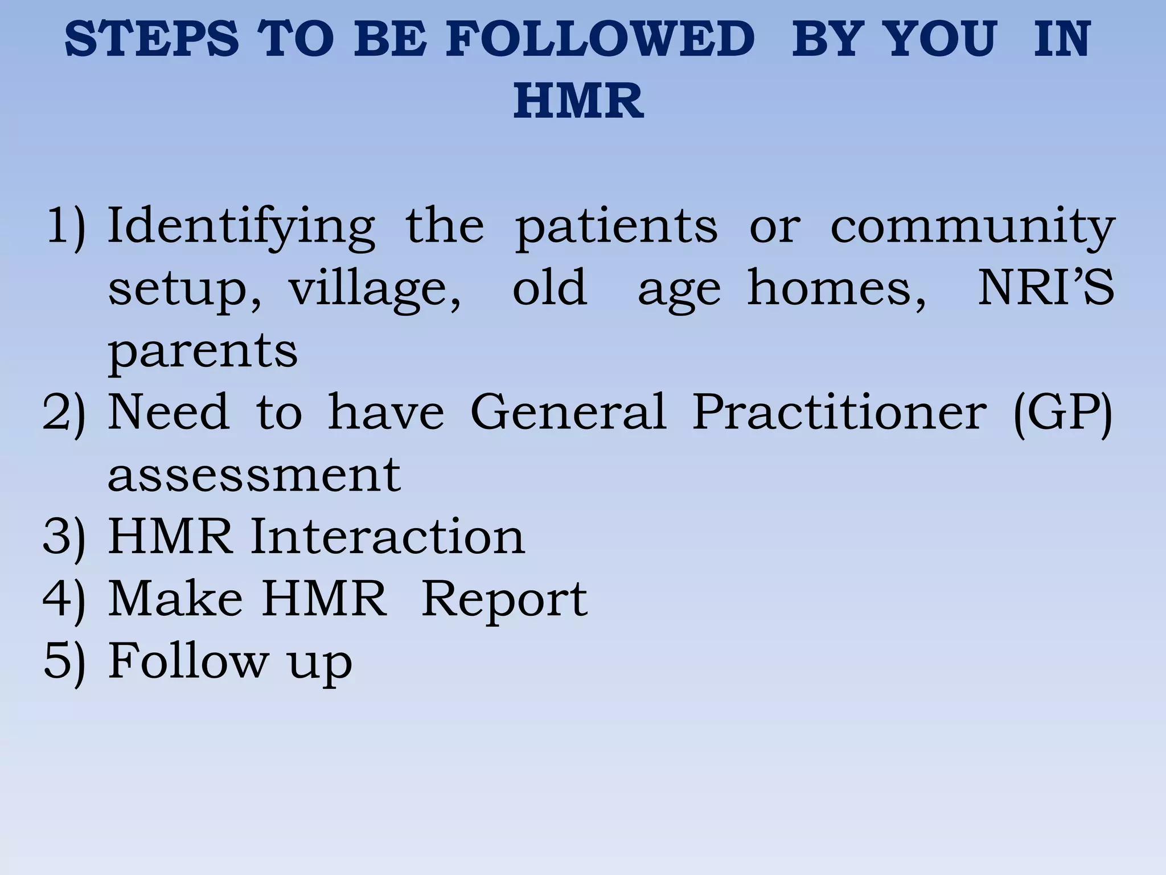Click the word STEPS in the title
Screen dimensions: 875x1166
[x=152, y=39]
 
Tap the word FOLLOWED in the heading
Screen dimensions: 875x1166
[x=600, y=39]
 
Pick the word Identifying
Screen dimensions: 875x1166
[x=241, y=228]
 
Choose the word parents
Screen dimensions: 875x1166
[x=203, y=352]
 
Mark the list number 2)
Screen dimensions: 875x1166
[x=64, y=412]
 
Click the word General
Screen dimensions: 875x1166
[x=568, y=411]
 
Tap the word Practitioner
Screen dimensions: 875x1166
[x=839, y=411]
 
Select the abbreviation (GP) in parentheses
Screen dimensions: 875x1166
[x=1062, y=412]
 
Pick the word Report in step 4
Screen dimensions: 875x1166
[x=504, y=600]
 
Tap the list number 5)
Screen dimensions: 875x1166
[x=64, y=661]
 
